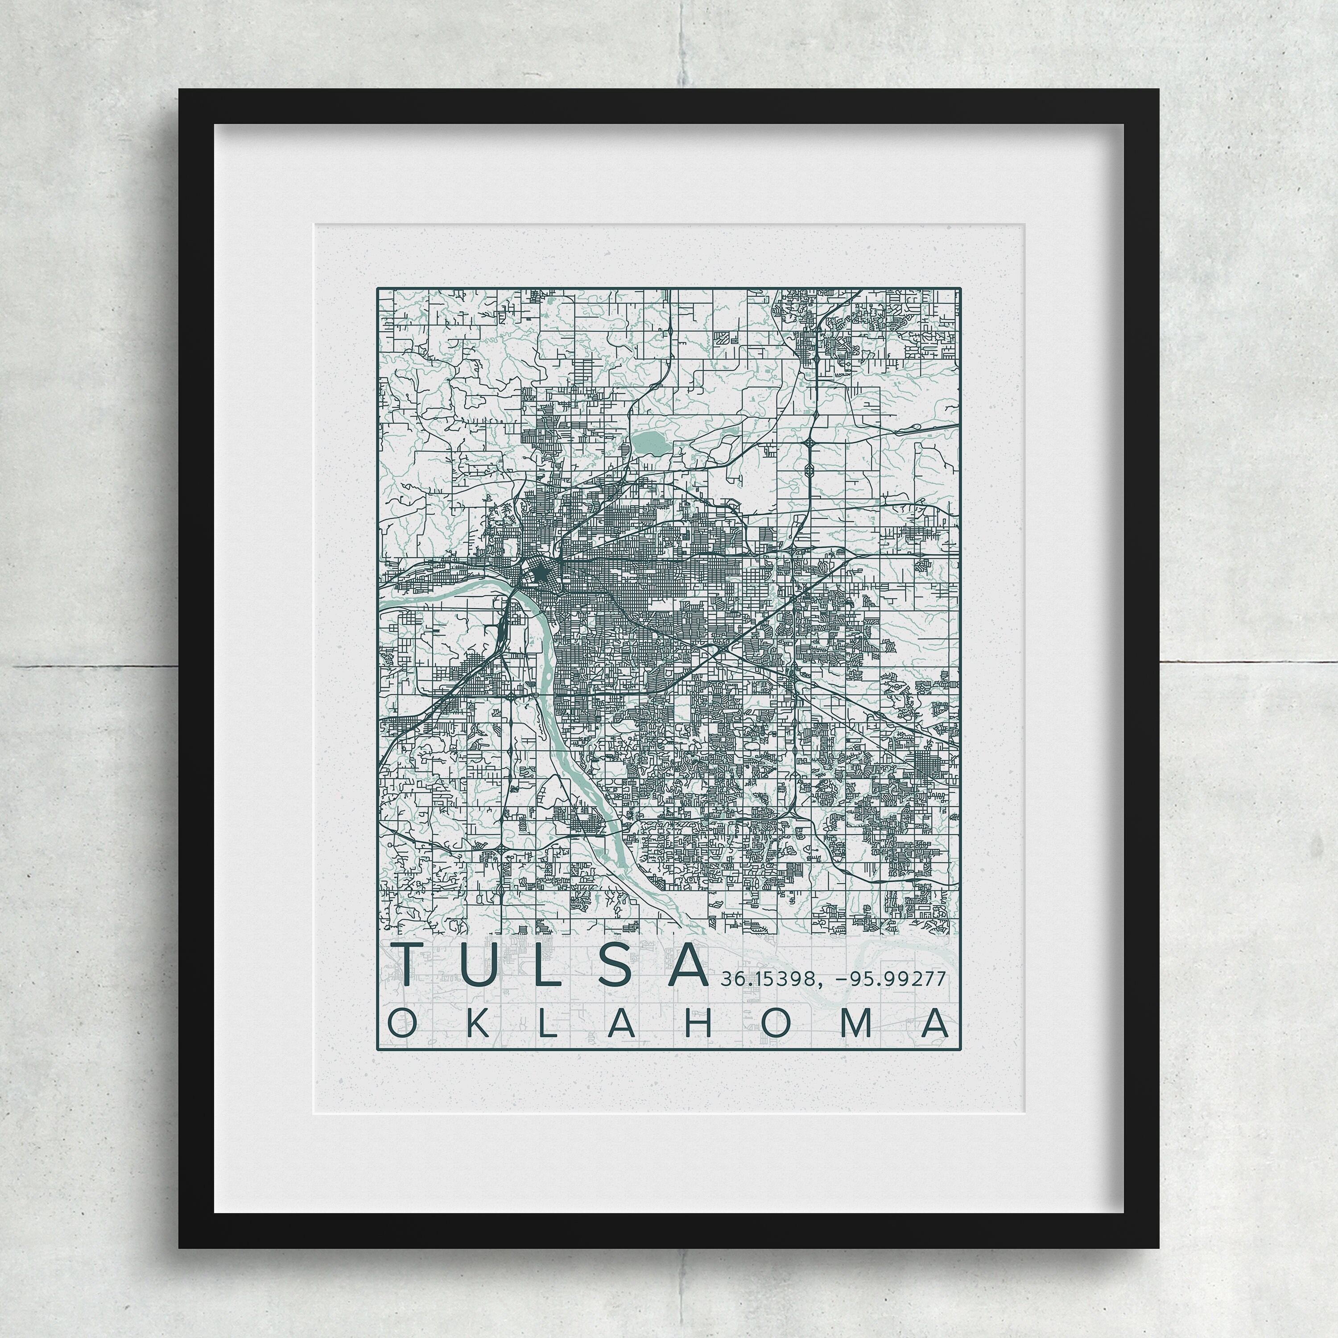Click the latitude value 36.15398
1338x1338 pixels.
[x=767, y=979]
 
